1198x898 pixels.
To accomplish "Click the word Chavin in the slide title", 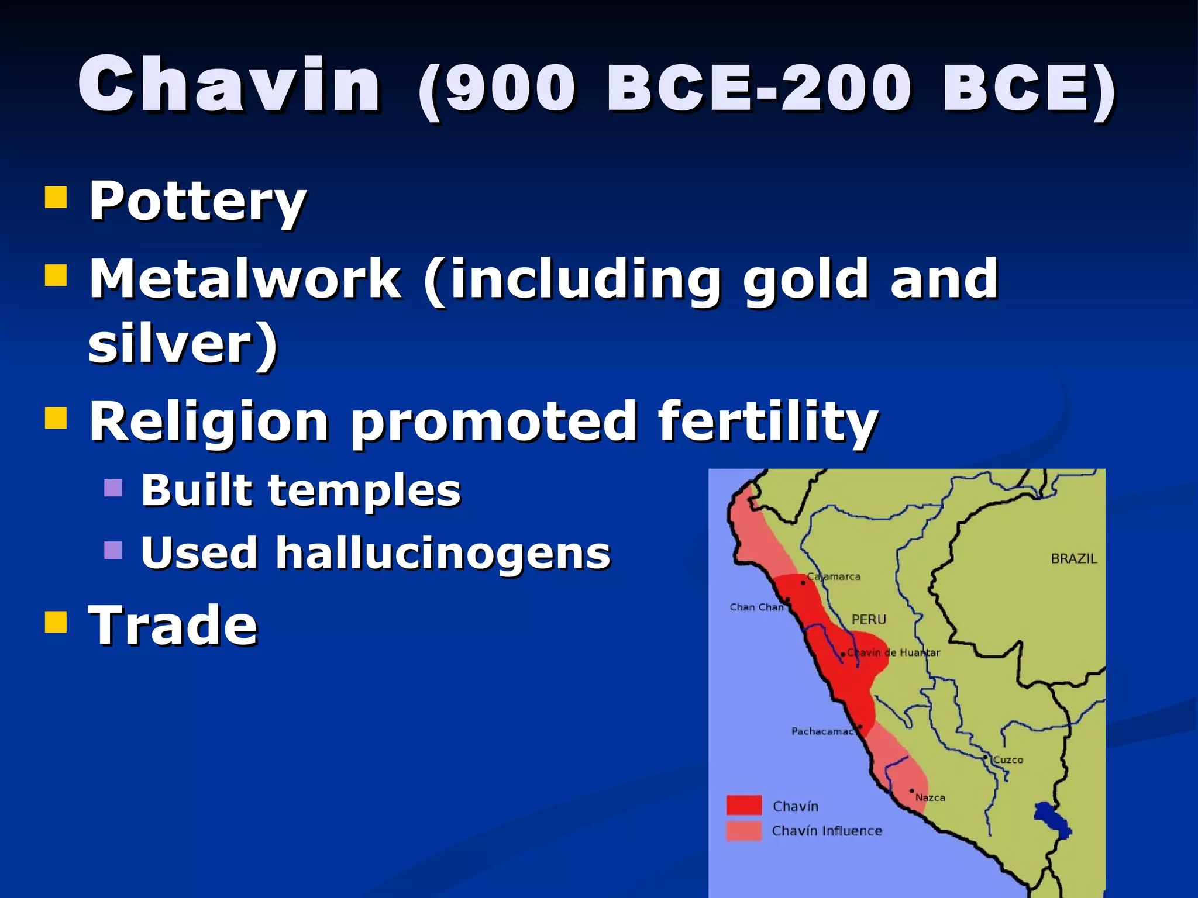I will click(x=229, y=85).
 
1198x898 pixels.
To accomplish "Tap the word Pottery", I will click(x=197, y=202).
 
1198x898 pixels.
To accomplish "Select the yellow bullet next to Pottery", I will click(x=56, y=198).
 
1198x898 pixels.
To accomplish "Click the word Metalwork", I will click(x=245, y=279).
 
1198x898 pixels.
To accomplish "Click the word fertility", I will click(x=767, y=422).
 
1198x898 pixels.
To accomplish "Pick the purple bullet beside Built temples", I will click(x=113, y=488).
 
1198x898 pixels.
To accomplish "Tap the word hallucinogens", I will click(x=443, y=553).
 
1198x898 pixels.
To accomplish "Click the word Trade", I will click(x=173, y=626).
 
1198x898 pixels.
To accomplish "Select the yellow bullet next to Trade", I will click(x=56, y=622).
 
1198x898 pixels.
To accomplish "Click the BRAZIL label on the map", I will click(x=1073, y=559).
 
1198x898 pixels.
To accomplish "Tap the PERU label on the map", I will click(x=868, y=620).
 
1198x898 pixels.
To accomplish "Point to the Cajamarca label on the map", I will click(x=834, y=576).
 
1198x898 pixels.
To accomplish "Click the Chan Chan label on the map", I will click(x=756, y=607).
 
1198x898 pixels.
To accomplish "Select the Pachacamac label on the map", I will click(x=822, y=731).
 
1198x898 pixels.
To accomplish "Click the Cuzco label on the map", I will click(x=1008, y=760).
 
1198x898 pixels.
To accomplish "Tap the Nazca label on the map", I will click(x=930, y=797).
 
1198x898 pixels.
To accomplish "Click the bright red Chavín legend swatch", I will click(x=743, y=805).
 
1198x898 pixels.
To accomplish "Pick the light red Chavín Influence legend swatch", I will click(x=743, y=831).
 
